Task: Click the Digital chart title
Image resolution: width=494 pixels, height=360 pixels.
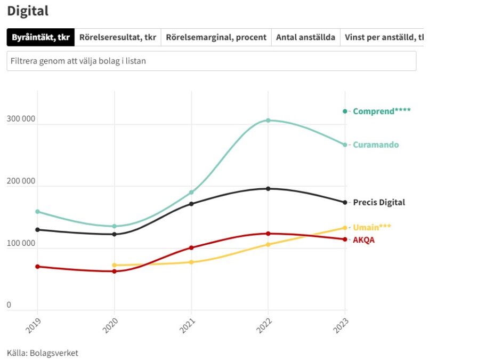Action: [28, 11]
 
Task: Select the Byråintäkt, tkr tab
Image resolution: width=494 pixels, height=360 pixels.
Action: [41, 37]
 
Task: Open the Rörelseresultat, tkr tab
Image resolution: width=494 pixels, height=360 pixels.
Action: [118, 37]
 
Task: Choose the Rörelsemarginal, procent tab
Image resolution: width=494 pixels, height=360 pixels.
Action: [216, 37]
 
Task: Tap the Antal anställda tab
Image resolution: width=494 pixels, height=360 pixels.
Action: [305, 37]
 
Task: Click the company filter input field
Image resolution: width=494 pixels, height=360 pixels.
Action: [211, 61]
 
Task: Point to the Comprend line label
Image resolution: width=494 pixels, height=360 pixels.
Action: [382, 111]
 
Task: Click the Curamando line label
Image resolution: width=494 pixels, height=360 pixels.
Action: [376, 145]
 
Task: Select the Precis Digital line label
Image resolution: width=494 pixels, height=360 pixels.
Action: [379, 202]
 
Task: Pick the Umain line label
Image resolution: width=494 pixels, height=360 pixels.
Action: [372, 227]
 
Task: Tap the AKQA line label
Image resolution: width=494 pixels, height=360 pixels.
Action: [363, 240]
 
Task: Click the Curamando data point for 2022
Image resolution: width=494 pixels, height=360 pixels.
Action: [268, 121]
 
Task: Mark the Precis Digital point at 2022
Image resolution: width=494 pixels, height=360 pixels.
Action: [268, 189]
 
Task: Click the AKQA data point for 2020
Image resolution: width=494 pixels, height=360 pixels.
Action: [114, 271]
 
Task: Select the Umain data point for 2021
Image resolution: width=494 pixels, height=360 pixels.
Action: [191, 262]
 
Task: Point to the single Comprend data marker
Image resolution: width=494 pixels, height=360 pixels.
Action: [345, 111]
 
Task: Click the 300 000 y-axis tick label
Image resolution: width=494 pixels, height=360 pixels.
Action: [21, 119]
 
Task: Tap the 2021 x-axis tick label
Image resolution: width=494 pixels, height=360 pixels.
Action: [187, 324]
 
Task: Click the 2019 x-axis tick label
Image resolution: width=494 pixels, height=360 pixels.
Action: [33, 324]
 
